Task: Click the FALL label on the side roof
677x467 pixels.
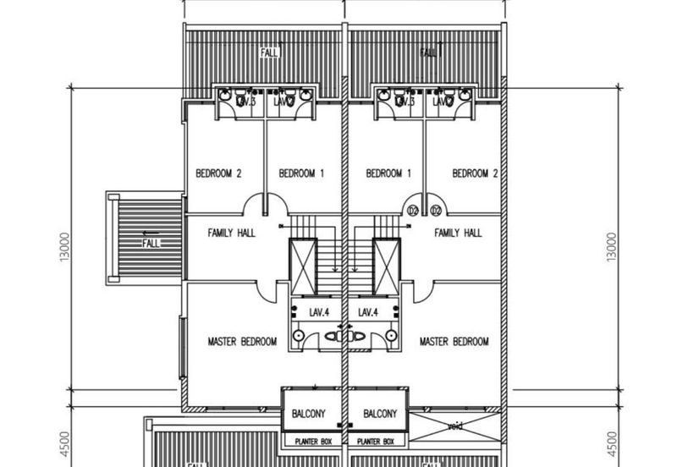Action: (151, 243)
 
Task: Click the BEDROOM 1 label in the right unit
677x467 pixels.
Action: (388, 173)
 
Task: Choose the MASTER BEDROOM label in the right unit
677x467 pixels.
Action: (454, 342)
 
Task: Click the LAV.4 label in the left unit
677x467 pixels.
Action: (319, 312)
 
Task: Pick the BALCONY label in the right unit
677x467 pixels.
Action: (375, 415)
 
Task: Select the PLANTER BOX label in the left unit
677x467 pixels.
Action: (311, 442)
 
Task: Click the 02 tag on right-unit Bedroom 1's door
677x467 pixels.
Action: (415, 211)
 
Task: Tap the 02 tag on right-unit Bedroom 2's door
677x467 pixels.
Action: (437, 211)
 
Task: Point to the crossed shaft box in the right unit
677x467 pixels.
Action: (386, 266)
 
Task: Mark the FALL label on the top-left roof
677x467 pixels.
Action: (269, 52)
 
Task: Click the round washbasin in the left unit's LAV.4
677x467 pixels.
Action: (299, 336)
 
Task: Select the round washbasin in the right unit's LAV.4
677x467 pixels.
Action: (390, 336)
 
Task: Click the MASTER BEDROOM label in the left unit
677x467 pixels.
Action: (241, 342)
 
